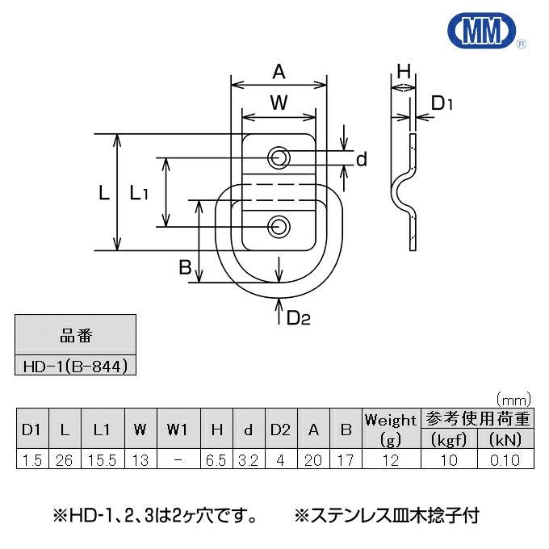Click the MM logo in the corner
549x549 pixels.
pyautogui.click(x=483, y=31)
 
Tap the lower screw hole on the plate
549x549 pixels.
pyautogui.click(x=279, y=227)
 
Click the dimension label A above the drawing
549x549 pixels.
pyautogui.click(x=279, y=73)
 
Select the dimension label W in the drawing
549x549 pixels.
pyautogui.click(x=279, y=103)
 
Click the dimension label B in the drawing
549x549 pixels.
pyautogui.click(x=186, y=267)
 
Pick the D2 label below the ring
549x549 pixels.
pyautogui.click(x=298, y=317)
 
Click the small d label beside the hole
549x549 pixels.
pyautogui.click(x=361, y=160)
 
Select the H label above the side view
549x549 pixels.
pyautogui.click(x=404, y=73)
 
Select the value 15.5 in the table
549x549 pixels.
pyautogui.click(x=101, y=460)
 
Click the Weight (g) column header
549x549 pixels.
pyautogui.click(x=391, y=430)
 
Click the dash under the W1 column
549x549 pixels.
pyautogui.click(x=177, y=460)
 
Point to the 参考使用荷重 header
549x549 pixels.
pyautogui.click(x=478, y=419)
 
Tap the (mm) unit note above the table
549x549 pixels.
pyautogui.click(x=511, y=399)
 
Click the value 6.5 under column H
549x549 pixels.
pyautogui.click(x=216, y=460)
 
